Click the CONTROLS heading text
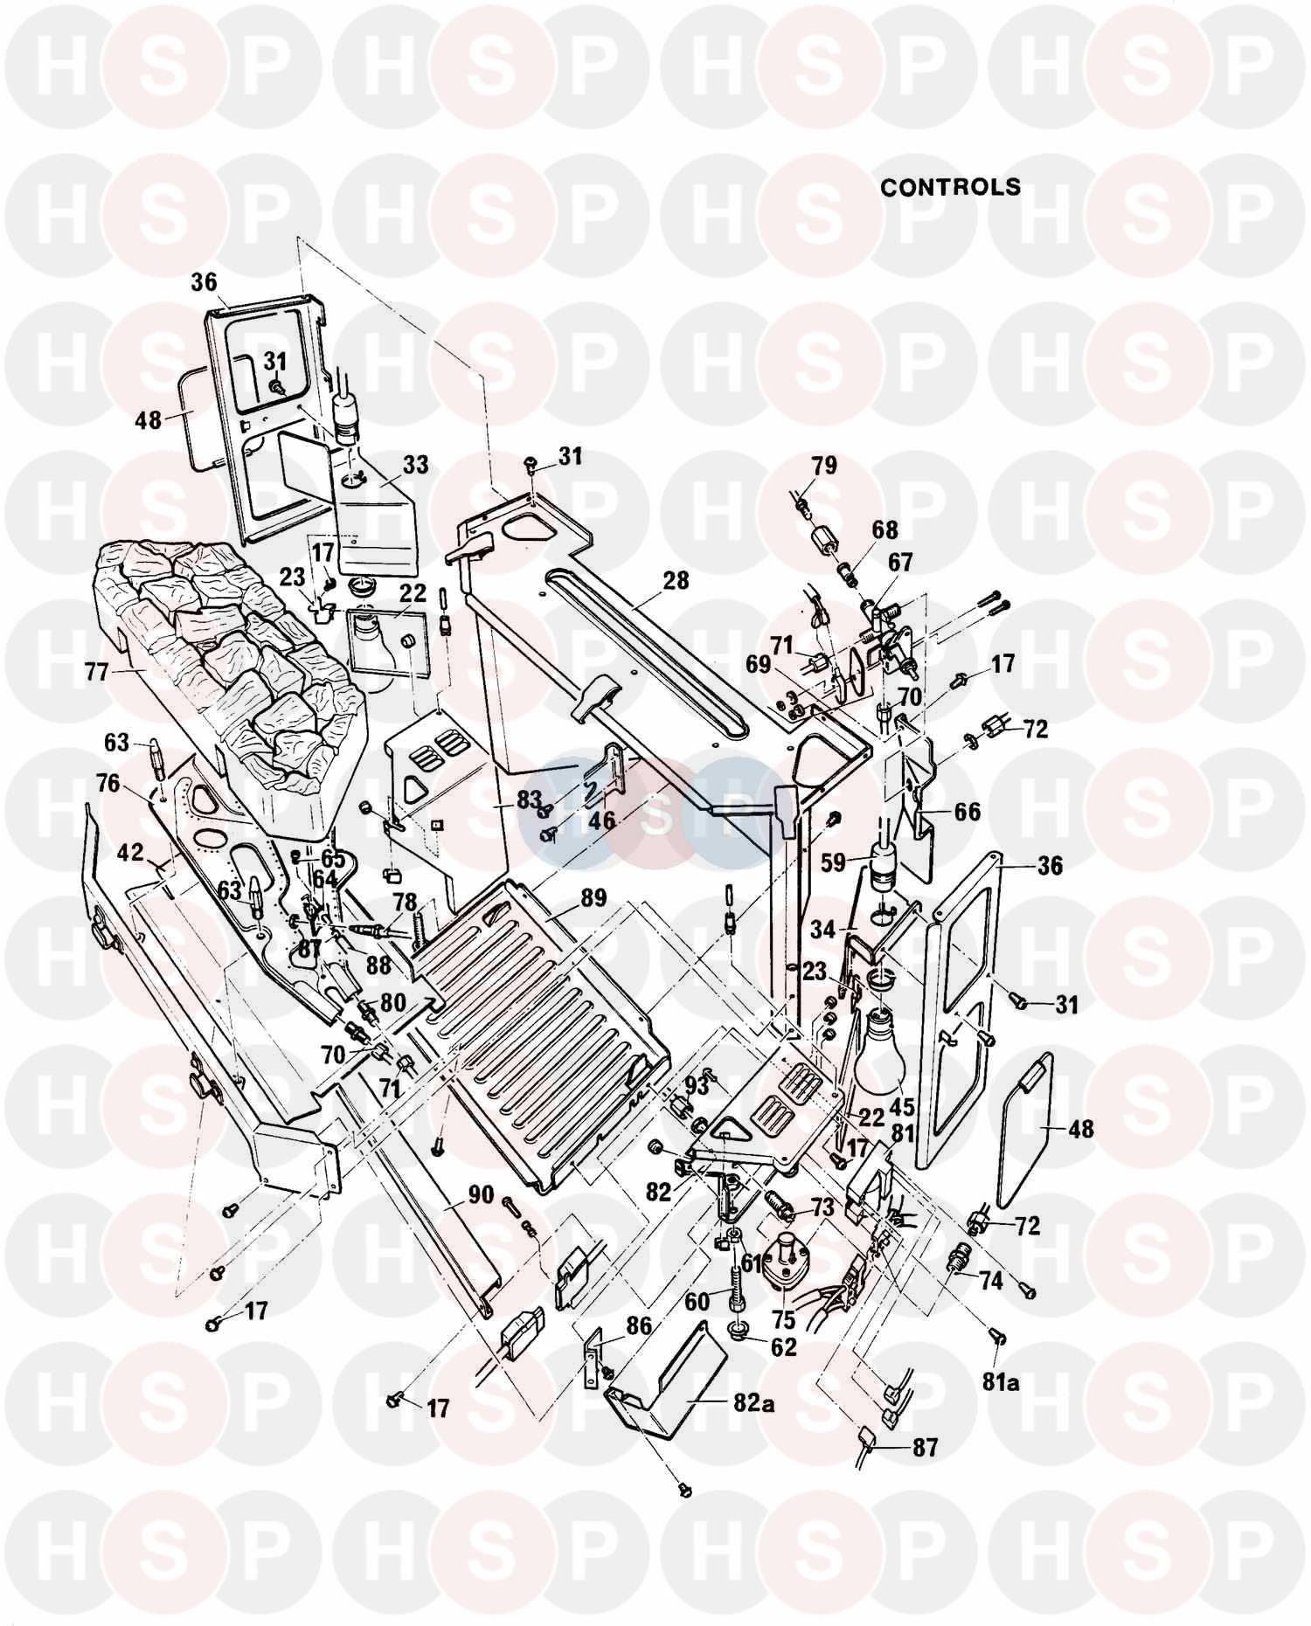(950, 187)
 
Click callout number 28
(676, 580)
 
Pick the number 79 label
(823, 466)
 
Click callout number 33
(415, 464)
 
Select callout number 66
(967, 812)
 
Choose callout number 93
(697, 1085)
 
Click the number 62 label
(784, 1346)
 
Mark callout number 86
(639, 1325)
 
